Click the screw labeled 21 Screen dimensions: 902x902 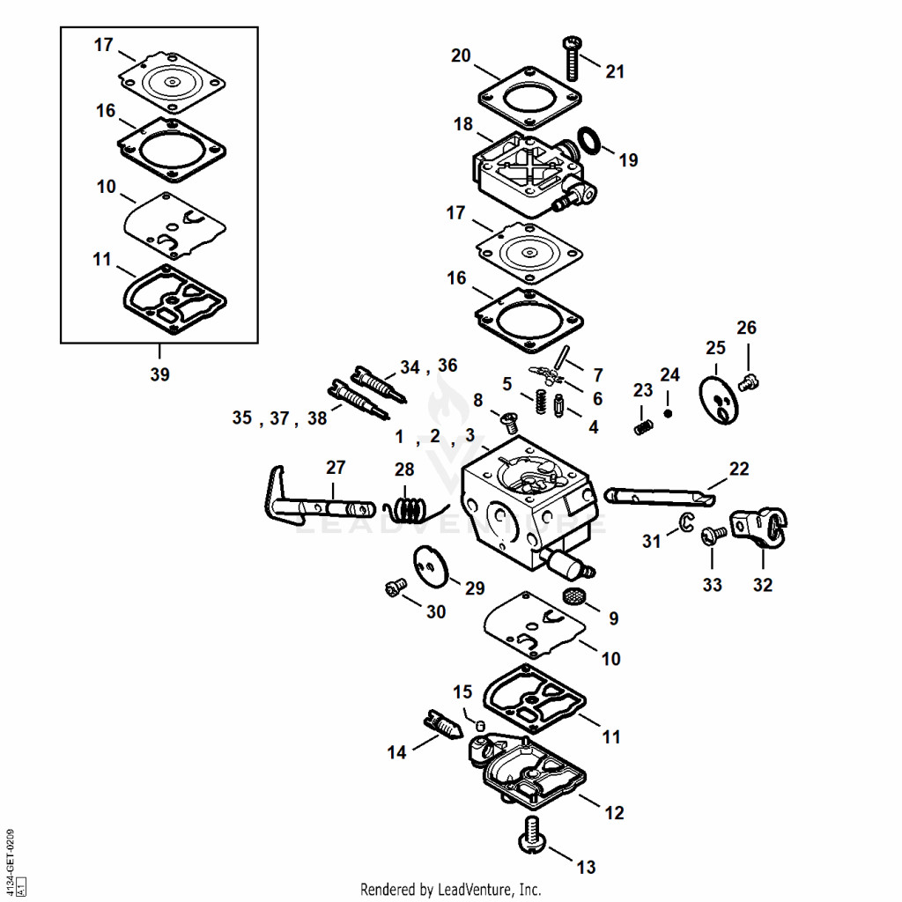pos(572,58)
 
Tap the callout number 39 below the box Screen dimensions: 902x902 pos(160,373)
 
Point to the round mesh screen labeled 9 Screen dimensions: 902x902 pos(573,596)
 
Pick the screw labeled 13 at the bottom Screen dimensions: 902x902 pos(531,835)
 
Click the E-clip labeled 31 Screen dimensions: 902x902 pos(687,521)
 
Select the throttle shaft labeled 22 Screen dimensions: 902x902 pos(659,497)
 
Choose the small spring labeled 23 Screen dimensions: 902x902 pos(643,427)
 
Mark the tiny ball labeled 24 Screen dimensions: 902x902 pos(668,413)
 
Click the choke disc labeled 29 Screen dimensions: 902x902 pos(431,566)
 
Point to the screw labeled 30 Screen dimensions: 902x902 pos(396,588)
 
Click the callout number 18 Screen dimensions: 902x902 pos(463,123)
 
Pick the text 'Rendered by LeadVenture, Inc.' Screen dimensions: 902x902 pos(450,890)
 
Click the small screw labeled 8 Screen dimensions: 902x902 pos(508,423)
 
